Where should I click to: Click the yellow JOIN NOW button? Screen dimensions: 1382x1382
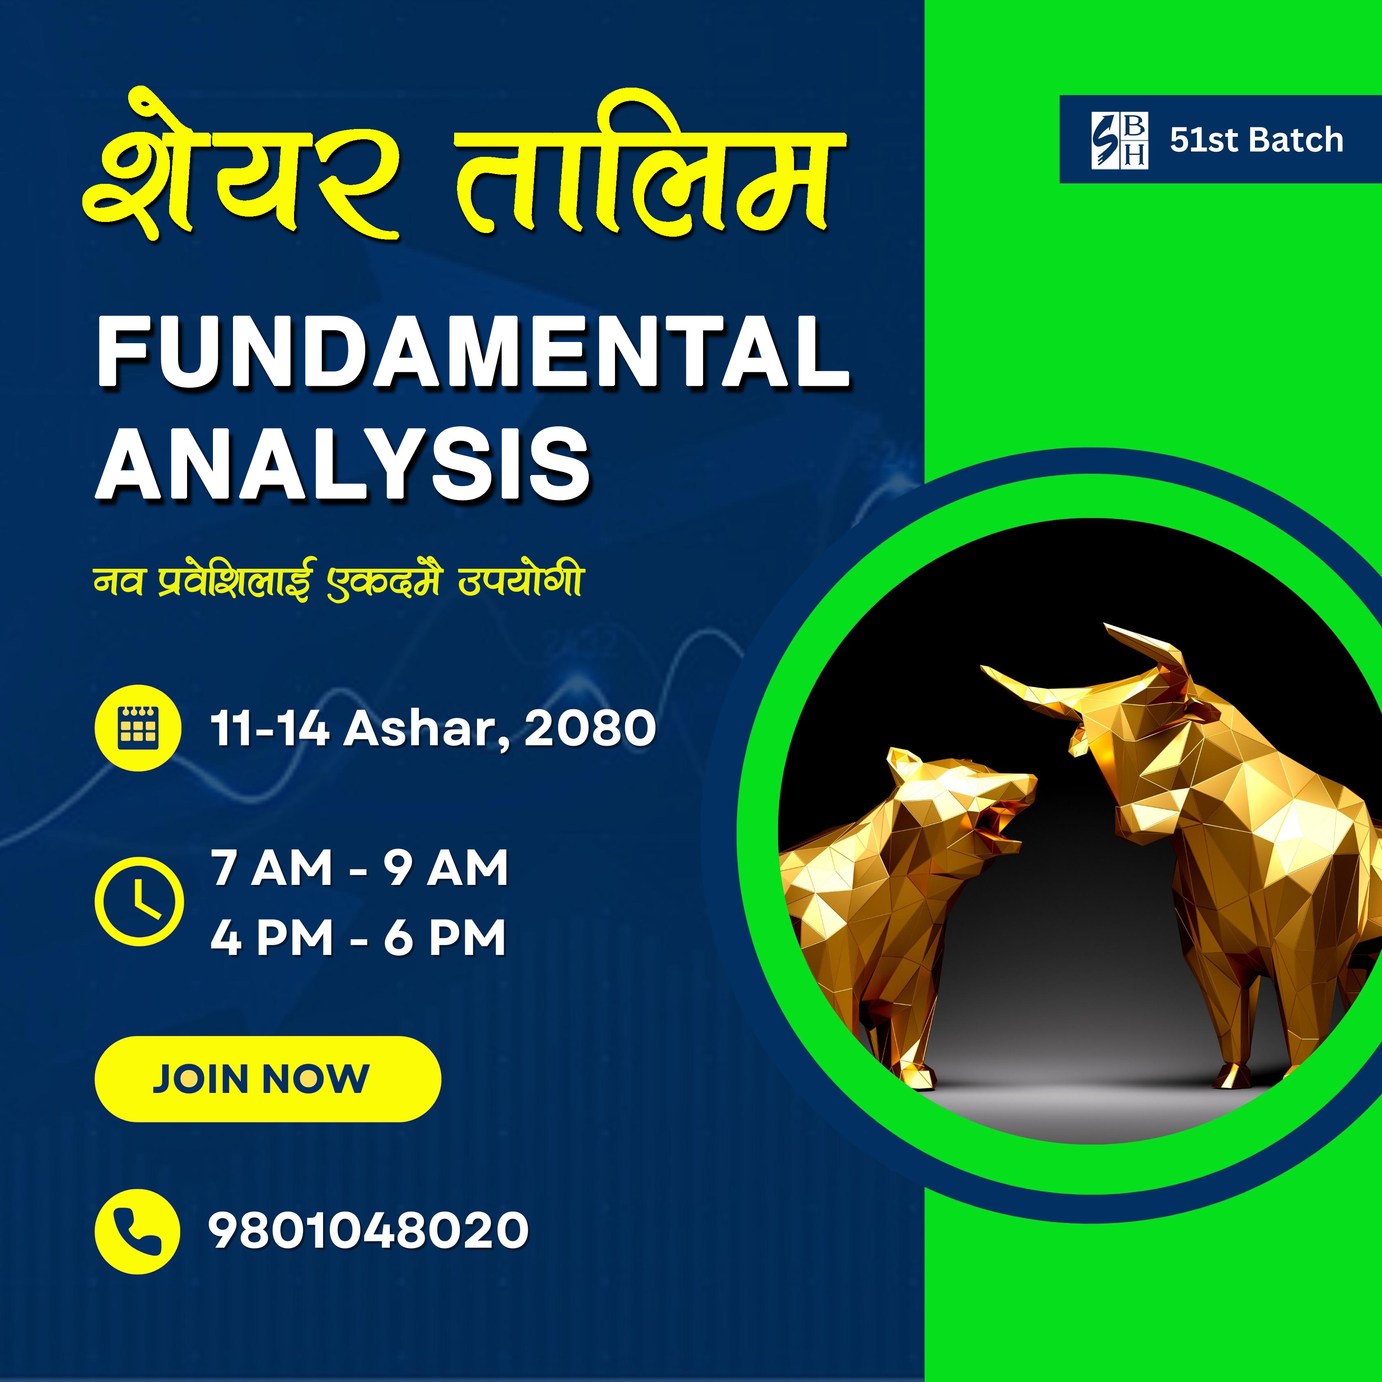click(267, 1079)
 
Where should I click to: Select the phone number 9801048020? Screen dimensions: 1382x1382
click(369, 1230)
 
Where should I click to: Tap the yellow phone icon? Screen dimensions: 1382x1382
click(137, 1231)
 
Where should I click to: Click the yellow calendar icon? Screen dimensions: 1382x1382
click(137, 728)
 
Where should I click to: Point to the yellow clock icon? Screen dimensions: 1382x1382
click(139, 901)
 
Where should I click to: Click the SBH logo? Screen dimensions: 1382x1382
click(1120, 140)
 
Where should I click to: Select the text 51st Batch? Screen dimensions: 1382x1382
click(1257, 140)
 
